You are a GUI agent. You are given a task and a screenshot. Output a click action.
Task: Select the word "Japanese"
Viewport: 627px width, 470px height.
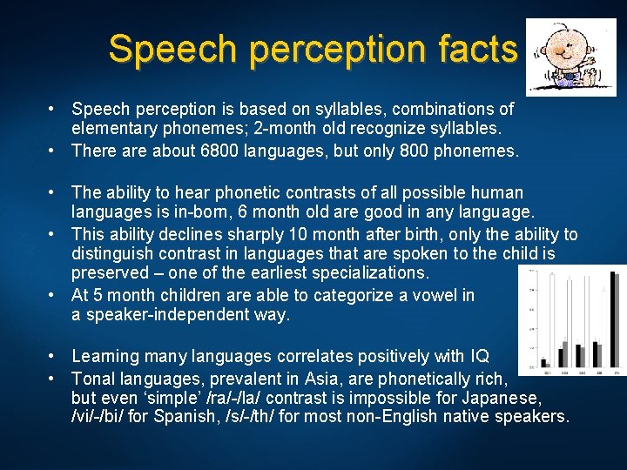click(504, 397)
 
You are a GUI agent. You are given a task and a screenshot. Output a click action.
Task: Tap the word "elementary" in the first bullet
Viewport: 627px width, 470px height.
click(112, 129)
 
